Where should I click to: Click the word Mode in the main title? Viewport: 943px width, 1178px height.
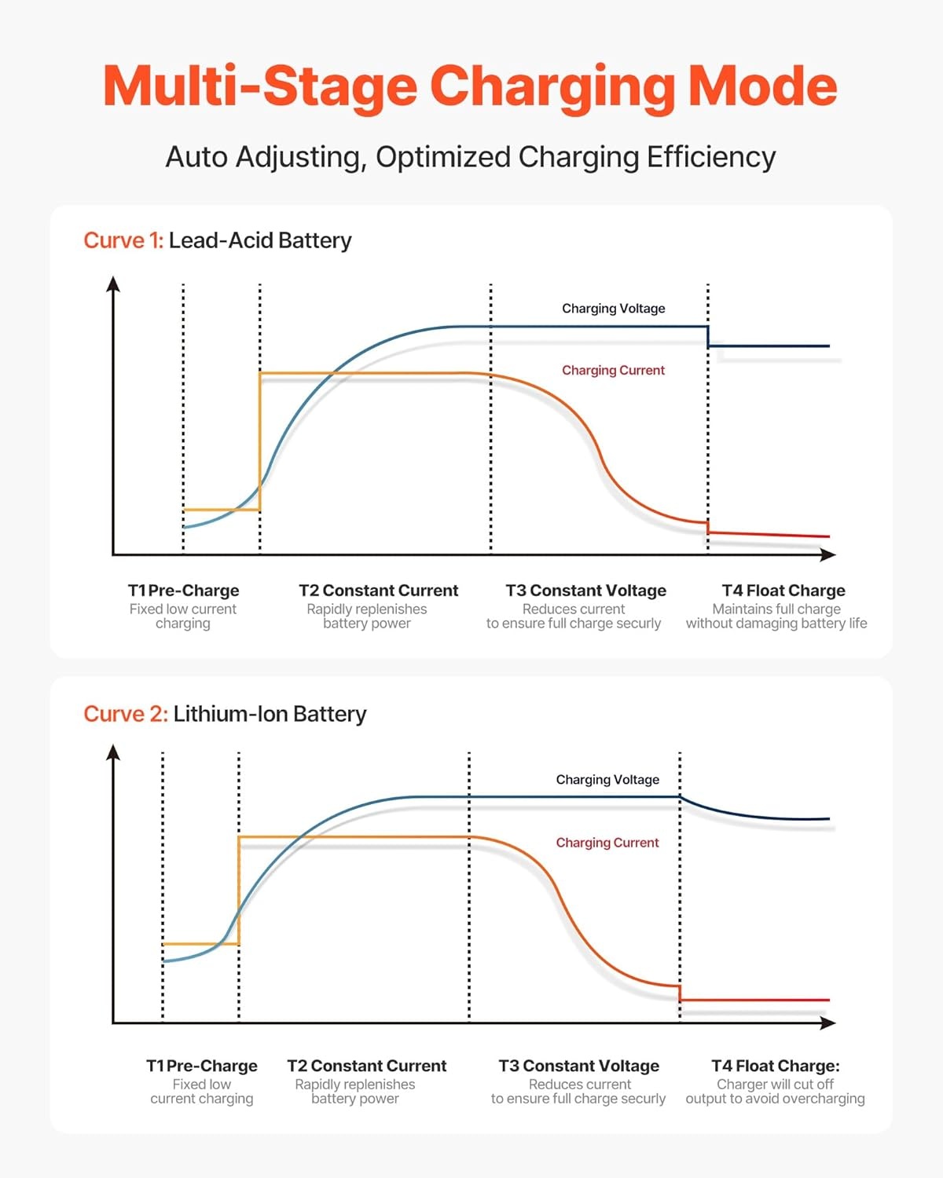(761, 86)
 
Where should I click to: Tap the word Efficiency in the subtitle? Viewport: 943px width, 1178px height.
(711, 157)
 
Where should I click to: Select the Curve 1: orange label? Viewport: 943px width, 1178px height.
(123, 240)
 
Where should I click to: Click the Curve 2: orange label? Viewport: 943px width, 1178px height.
(126, 714)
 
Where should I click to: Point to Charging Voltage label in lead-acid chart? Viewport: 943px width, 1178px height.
(613, 309)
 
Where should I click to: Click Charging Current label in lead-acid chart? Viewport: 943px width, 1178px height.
(613, 371)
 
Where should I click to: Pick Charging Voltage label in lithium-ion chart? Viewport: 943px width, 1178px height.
(607, 780)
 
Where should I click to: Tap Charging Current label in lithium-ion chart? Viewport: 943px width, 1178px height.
(607, 843)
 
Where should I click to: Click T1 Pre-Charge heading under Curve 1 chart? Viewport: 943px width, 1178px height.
(184, 591)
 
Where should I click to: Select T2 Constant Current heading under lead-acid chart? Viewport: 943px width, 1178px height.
(378, 591)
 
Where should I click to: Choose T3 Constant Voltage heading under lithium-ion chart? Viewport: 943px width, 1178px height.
(578, 1066)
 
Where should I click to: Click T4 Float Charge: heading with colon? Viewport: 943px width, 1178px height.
(776, 1066)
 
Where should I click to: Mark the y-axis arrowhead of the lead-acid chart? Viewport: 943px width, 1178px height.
(113, 284)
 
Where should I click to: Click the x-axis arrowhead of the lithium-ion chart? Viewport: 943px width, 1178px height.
(828, 1023)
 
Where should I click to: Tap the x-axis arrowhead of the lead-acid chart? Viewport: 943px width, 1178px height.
(828, 554)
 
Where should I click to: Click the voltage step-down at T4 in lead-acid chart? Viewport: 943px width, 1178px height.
(708, 336)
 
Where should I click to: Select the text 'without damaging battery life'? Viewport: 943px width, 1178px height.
(776, 624)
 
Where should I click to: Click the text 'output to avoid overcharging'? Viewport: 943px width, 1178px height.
(775, 1099)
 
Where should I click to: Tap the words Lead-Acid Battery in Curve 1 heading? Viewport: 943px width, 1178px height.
(260, 240)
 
